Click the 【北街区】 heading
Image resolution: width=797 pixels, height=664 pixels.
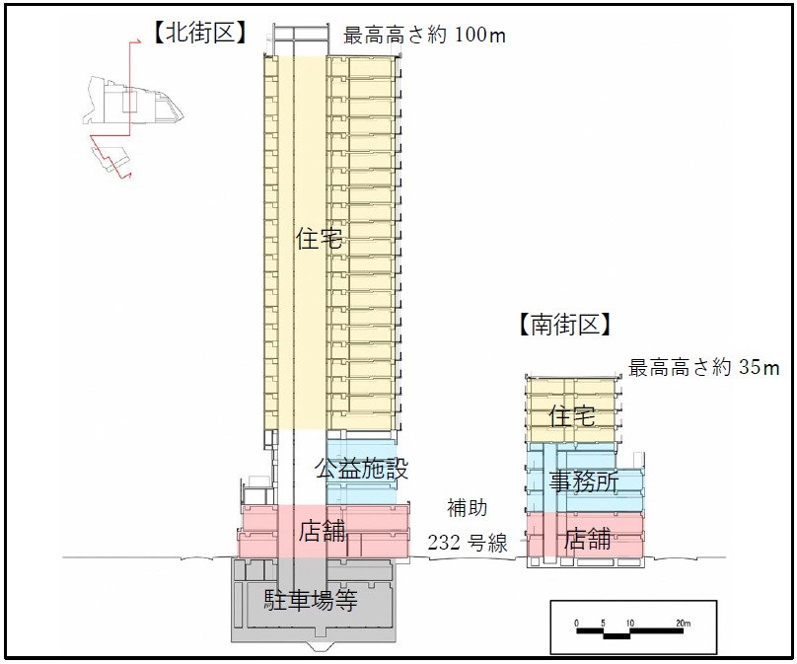(x=200, y=34)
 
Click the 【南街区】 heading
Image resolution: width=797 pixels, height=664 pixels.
(x=564, y=325)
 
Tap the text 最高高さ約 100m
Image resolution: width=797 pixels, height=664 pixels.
(x=424, y=37)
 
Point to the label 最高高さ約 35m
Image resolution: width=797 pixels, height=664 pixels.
(x=704, y=369)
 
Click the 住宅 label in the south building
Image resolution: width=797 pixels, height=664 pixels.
(x=573, y=415)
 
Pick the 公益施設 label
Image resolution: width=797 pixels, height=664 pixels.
(x=361, y=469)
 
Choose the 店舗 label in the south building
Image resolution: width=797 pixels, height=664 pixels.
(x=588, y=539)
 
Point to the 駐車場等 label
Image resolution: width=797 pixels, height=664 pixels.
(x=310, y=599)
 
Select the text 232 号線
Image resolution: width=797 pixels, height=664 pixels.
(x=467, y=542)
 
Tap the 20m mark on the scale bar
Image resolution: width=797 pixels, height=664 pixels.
(x=684, y=624)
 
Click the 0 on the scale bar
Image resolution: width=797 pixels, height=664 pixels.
(x=576, y=624)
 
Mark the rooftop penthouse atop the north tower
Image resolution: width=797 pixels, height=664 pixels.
(x=300, y=36)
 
